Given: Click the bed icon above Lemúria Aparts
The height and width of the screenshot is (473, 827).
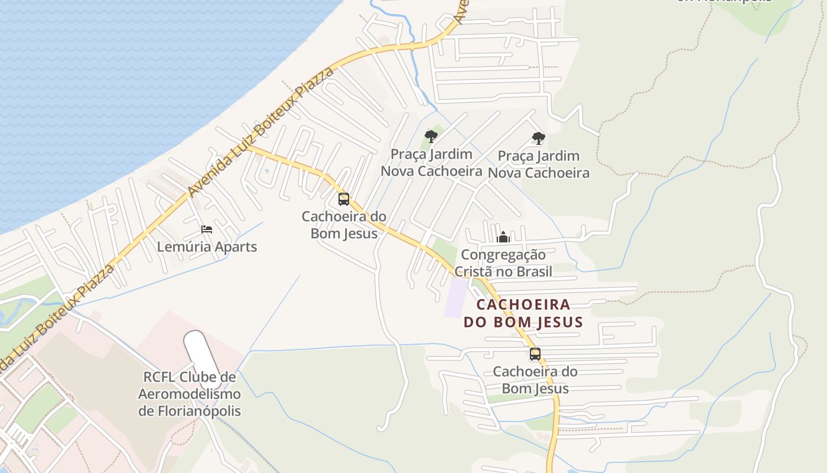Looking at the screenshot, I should pos(206,229).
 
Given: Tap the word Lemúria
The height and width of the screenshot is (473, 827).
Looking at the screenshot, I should pos(184,247).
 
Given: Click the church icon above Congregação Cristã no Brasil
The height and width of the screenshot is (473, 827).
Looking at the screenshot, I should pos(503,237).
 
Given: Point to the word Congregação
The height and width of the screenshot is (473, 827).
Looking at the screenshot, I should pos(503,255).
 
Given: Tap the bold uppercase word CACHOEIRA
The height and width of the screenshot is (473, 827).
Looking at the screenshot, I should pos(523,305).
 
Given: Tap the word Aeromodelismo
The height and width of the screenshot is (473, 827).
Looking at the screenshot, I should pos(190,394).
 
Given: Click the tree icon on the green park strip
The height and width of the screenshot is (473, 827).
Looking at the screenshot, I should pos(431,137).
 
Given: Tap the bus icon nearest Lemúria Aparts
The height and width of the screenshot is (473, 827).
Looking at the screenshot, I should pos(344,199).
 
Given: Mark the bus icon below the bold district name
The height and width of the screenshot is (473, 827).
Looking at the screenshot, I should pos(535,354).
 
